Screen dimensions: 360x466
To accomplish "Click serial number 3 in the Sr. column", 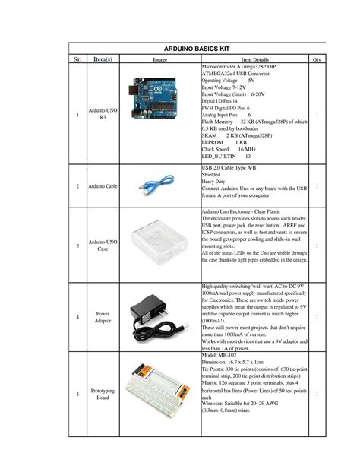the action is [77, 246].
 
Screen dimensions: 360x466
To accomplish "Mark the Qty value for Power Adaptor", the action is [317, 316].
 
